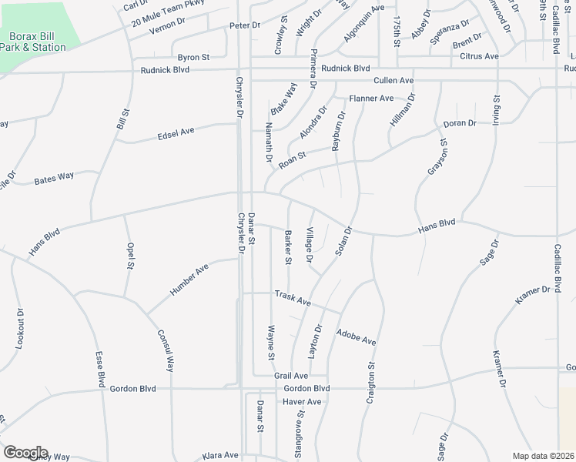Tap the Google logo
(25, 453)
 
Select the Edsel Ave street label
(176, 134)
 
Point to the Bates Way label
(54, 177)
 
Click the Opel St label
(130, 256)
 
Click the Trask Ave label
(293, 298)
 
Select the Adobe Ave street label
(356, 336)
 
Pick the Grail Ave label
(291, 376)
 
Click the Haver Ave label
(301, 402)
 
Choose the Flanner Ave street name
(371, 99)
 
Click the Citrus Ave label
(479, 56)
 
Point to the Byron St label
(194, 57)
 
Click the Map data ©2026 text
(544, 456)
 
